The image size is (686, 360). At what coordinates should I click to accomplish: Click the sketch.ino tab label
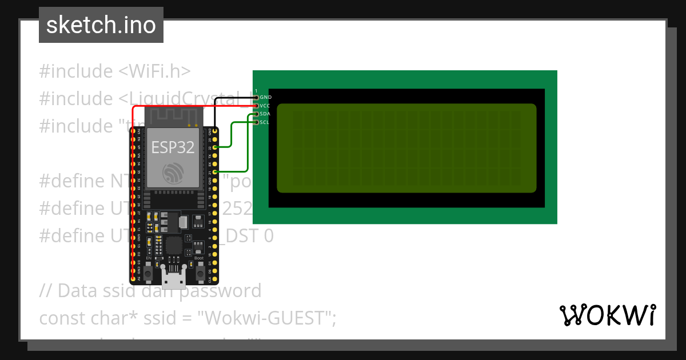101,25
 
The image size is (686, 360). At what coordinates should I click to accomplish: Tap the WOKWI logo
607,315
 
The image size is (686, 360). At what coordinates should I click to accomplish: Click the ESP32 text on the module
173,147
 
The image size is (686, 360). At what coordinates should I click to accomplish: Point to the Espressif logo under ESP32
173,173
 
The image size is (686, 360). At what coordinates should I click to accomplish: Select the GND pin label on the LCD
265,98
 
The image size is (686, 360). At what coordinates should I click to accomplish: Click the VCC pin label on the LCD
265,106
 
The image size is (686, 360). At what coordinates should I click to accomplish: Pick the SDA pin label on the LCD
265,114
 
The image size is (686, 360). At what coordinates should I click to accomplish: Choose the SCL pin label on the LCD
265,122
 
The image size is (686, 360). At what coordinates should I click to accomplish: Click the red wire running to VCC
189,106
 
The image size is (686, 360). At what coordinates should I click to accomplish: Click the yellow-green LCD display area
406,148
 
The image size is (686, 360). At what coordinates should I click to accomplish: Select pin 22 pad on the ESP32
214,147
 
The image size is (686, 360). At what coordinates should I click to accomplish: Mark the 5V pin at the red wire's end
133,279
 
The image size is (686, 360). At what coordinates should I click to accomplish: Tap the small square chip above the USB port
174,246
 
